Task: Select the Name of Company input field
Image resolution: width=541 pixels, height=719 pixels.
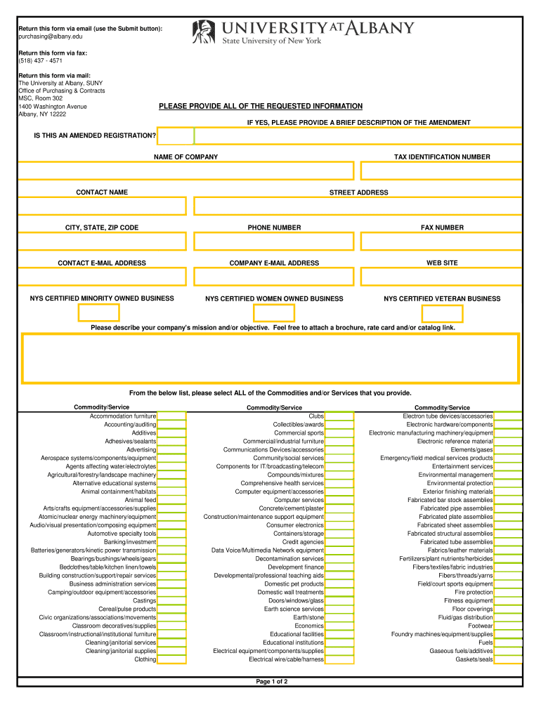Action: [x=186, y=171]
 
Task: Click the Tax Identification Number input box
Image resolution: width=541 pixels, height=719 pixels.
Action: [x=441, y=171]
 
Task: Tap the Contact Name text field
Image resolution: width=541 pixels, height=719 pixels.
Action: [x=102, y=206]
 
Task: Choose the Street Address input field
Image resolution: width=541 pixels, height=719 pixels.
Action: [x=358, y=206]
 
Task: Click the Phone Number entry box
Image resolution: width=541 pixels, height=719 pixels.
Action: [x=274, y=241]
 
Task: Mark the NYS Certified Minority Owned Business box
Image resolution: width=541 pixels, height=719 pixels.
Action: [x=99, y=312]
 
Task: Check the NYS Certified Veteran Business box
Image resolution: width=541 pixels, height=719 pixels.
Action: [x=442, y=313]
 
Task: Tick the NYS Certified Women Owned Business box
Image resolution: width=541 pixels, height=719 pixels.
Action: [x=274, y=313]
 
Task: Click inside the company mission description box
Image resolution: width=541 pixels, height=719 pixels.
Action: [x=270, y=359]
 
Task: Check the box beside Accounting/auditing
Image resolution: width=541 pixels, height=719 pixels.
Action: [x=172, y=425]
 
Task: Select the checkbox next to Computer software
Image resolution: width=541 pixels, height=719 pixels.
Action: [x=340, y=500]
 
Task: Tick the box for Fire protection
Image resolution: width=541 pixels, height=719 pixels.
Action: [x=508, y=593]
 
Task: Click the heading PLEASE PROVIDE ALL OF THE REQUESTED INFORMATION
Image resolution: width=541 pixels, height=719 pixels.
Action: [x=261, y=106]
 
